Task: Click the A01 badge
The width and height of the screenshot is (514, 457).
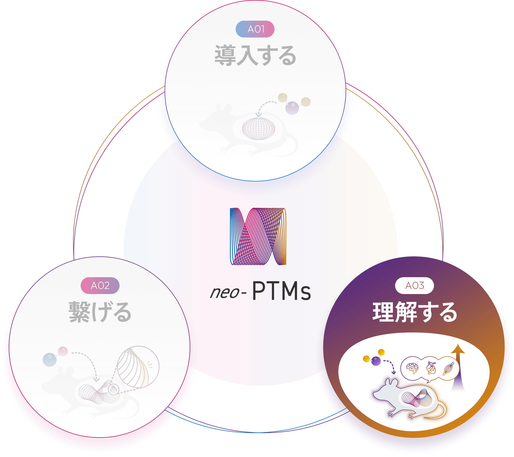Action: [x=255, y=29]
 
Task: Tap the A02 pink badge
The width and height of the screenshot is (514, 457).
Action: [x=100, y=285]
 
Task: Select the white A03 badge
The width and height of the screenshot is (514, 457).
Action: [x=414, y=286]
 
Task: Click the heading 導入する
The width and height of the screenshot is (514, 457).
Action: [x=255, y=55]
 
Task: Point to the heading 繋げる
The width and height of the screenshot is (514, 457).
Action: [x=100, y=312]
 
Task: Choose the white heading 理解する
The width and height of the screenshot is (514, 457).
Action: [x=415, y=312]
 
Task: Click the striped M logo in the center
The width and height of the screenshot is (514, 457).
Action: [x=258, y=236]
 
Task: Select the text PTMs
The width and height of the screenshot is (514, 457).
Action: [x=281, y=291]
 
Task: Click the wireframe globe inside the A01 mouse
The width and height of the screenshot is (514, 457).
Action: [x=258, y=128]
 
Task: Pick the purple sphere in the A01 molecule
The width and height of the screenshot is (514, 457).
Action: [x=292, y=108]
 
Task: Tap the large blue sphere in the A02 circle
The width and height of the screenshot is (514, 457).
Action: [x=50, y=360]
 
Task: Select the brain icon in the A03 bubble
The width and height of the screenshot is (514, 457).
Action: [x=412, y=368]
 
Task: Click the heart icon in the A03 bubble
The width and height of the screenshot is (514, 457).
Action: [x=431, y=368]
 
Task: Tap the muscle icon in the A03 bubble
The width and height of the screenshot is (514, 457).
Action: [x=448, y=368]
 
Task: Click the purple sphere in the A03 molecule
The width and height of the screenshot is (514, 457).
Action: [x=376, y=361]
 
